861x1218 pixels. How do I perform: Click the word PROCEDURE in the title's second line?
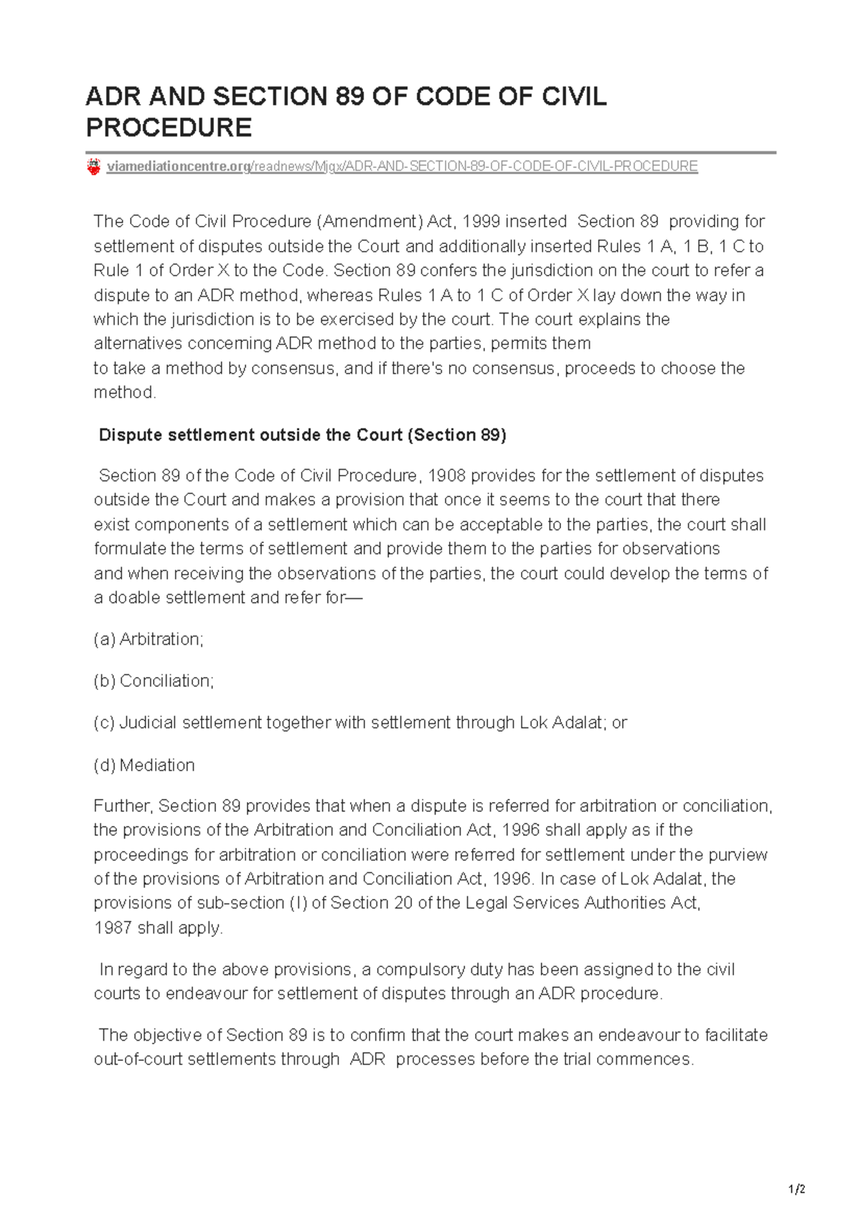pos(169,128)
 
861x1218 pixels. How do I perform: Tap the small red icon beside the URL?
pos(93,167)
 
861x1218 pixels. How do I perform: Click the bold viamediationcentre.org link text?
pos(177,166)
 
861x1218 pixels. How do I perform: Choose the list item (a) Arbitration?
pos(149,639)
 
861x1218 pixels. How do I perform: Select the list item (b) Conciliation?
pos(154,681)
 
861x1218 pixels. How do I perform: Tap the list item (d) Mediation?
pos(144,765)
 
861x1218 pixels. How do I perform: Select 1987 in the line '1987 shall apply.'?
pos(113,928)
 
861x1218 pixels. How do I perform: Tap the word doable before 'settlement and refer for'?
pos(134,598)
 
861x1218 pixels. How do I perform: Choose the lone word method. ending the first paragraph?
pos(125,392)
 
